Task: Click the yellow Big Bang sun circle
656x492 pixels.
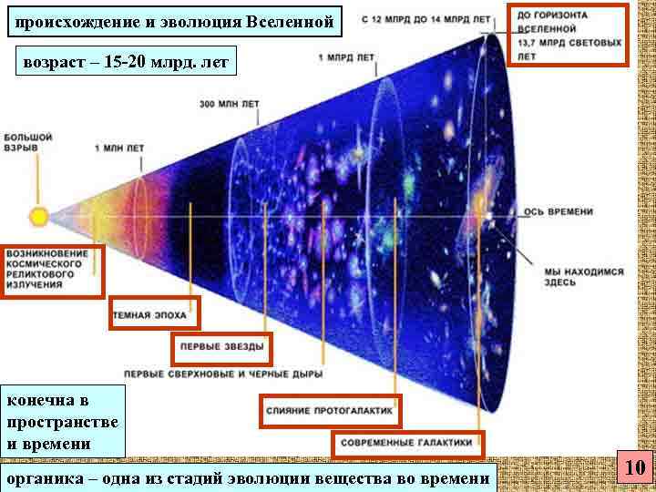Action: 38,217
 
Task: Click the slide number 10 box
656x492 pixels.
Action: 635,468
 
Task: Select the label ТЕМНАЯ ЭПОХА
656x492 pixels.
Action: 152,315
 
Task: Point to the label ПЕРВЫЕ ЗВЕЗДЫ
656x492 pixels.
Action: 221,347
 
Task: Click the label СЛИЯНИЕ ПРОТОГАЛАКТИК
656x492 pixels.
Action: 332,411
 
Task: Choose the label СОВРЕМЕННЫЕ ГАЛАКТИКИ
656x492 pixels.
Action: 407,443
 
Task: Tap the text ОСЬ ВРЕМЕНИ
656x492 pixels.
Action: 559,211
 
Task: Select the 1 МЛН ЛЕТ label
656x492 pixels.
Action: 119,148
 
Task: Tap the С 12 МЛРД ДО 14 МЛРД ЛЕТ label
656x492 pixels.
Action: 425,19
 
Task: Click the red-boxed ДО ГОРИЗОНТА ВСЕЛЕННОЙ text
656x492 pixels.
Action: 570,35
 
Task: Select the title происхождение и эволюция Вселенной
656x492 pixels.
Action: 176,21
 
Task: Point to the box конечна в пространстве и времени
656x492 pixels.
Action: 63,422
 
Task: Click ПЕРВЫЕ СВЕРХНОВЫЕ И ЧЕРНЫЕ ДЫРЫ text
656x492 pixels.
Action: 223,374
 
